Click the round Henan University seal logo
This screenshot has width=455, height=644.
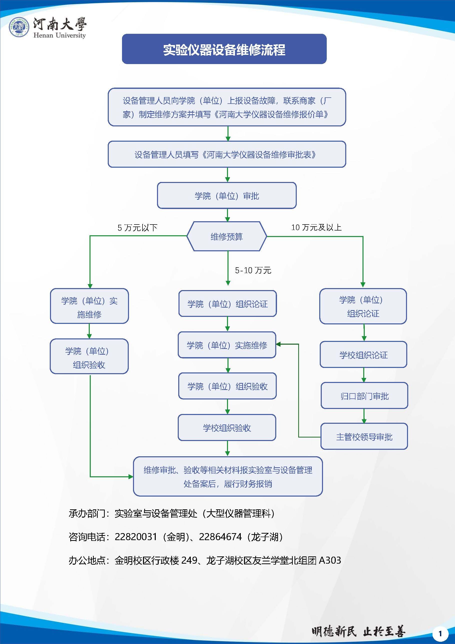tap(19, 27)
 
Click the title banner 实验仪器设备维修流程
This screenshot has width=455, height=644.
tap(224, 49)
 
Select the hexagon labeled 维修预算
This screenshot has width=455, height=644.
tap(227, 237)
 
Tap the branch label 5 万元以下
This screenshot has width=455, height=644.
tap(137, 228)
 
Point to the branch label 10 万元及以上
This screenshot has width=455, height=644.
tap(316, 227)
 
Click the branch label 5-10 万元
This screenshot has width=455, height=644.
tap(253, 270)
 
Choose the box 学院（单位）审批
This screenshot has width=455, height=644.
tap(227, 195)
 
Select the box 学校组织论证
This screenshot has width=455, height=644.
tap(363, 355)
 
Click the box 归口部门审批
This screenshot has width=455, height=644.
tap(364, 396)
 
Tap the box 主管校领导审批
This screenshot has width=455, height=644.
tap(364, 437)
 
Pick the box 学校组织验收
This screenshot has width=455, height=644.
tap(227, 428)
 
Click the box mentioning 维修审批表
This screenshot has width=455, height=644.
tap(227, 154)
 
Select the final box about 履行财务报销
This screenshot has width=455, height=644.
tap(228, 477)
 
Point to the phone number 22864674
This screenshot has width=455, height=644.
tap(220, 537)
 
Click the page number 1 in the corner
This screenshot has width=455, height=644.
tap(440, 633)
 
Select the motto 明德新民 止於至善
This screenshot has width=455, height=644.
tap(358, 632)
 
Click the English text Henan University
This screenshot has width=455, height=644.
tap(59, 35)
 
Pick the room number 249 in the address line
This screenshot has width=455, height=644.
tap(189, 560)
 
